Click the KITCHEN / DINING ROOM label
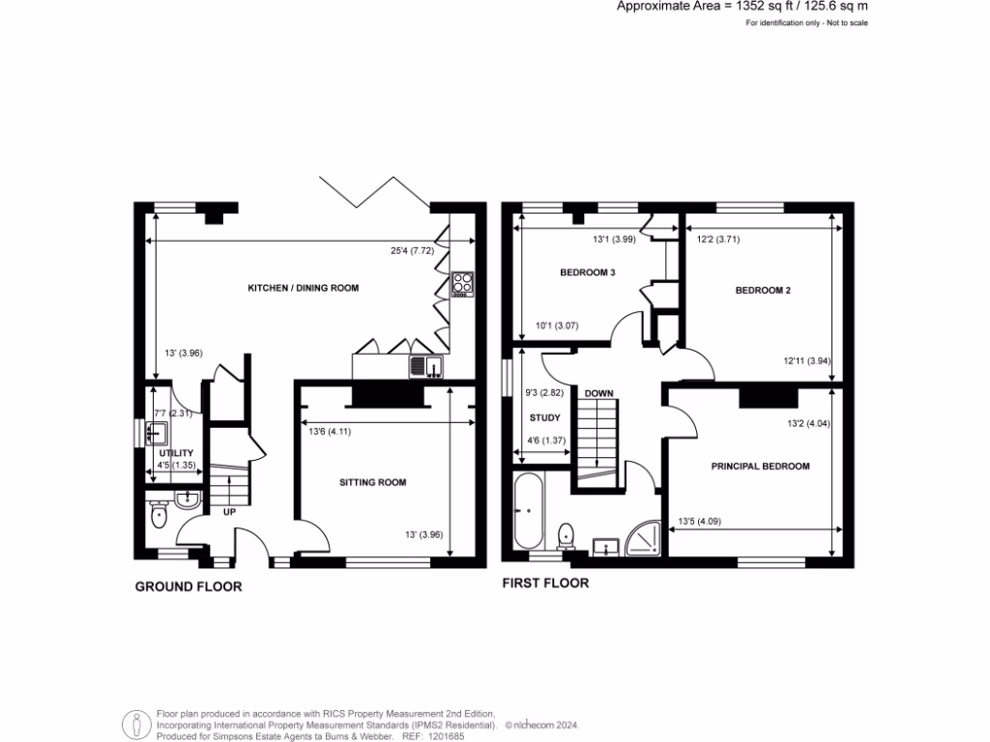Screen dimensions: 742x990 [297, 289]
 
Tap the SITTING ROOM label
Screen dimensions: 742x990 [372, 481]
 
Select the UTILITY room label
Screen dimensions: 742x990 [176, 452]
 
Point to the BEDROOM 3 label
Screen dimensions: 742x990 [588, 272]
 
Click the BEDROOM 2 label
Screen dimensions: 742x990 [763, 290]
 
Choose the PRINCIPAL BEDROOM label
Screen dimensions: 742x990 [760, 467]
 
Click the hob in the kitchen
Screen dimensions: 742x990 [462, 282]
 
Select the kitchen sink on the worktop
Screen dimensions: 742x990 [425, 365]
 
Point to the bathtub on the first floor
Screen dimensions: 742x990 [529, 513]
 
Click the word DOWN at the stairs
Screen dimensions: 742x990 [596, 393]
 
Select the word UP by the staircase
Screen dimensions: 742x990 [229, 512]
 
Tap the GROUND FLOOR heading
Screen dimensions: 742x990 [188, 586]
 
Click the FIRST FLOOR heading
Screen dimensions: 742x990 [545, 584]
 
